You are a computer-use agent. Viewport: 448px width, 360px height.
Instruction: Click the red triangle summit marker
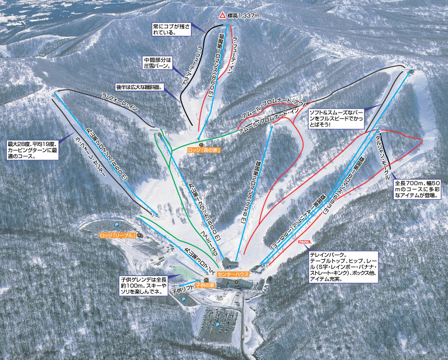click(222, 16)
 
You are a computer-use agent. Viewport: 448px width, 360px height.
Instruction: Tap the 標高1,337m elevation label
click(243, 16)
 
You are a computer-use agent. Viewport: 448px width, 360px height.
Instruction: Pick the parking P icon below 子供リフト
click(183, 300)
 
